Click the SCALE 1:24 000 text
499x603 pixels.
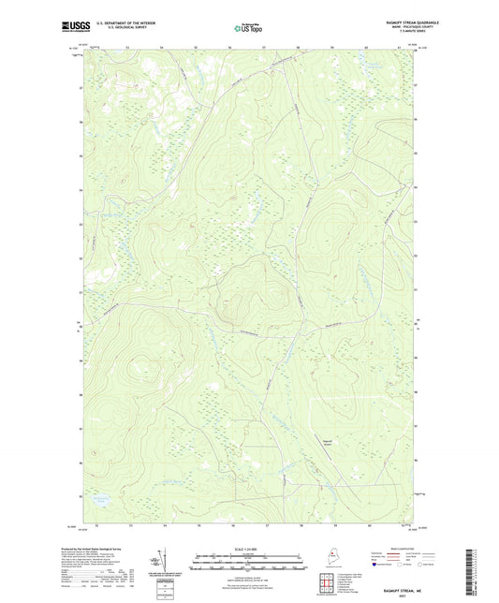pos(248,549)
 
